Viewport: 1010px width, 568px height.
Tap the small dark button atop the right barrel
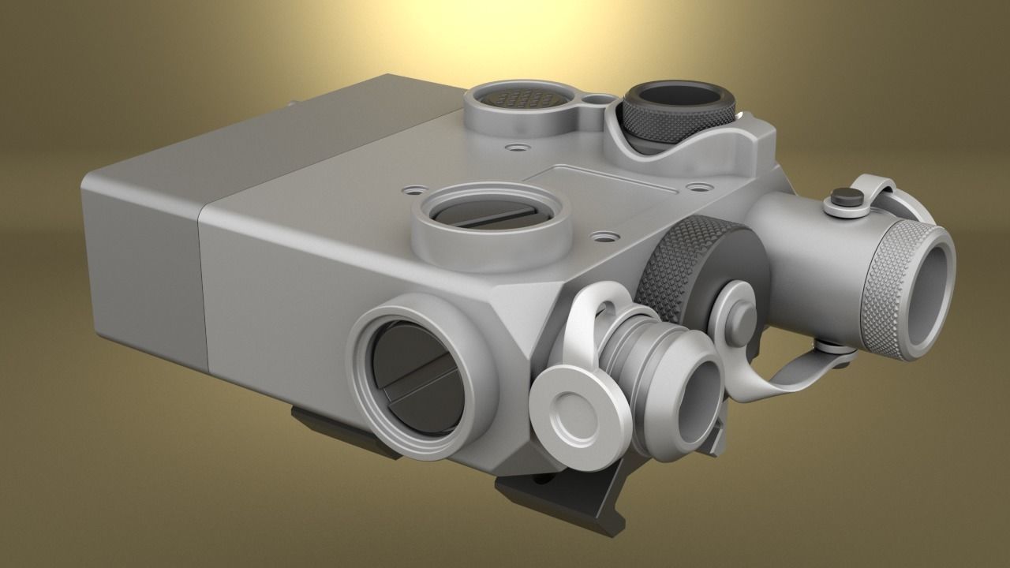tap(845, 198)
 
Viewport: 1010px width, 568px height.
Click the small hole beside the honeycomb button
tap(600, 101)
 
